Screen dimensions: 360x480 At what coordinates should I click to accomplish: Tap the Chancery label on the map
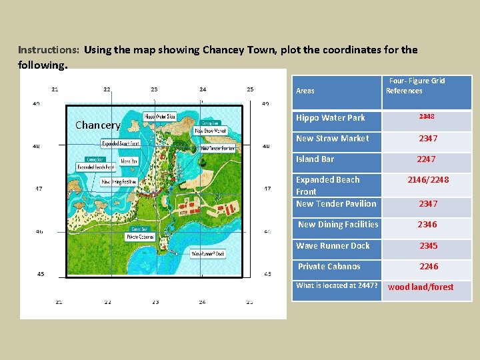tap(97, 125)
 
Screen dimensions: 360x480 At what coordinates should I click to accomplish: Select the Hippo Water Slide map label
tap(161, 117)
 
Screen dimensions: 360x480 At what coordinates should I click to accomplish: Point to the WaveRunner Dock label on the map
tap(208, 253)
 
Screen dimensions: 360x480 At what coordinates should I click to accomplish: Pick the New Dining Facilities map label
tap(119, 181)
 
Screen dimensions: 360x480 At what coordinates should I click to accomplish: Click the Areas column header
tap(305, 91)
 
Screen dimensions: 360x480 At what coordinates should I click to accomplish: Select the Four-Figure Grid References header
tap(416, 85)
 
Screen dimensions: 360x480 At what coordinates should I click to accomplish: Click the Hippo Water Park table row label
tap(331, 118)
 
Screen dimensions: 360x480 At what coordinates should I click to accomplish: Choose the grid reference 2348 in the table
tap(427, 117)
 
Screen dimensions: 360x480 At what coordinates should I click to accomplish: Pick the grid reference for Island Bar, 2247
tap(426, 159)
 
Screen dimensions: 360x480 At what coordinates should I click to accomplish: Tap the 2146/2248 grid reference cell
tap(428, 180)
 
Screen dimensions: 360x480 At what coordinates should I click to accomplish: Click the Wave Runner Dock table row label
tap(333, 245)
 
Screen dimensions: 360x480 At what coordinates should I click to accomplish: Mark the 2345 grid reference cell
tap(428, 246)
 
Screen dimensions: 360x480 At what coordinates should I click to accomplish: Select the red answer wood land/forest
tap(421, 287)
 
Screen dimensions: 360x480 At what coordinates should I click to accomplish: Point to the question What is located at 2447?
tap(337, 285)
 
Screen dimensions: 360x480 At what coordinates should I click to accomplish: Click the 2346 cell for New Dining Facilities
tap(427, 225)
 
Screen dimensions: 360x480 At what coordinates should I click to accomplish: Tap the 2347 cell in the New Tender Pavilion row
tap(428, 204)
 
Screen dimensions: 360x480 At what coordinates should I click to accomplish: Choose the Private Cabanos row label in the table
tap(329, 267)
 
